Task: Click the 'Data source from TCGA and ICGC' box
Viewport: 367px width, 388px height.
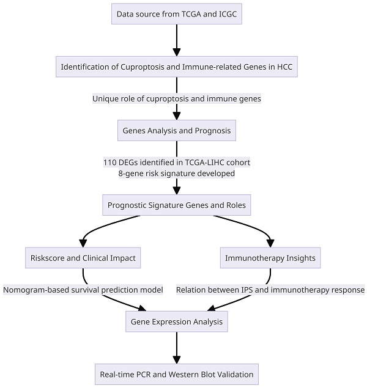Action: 177,13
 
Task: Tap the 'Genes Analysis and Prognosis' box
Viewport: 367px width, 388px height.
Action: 177,130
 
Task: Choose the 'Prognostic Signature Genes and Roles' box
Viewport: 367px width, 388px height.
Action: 177,205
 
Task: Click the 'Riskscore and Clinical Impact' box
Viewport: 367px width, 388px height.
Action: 83,258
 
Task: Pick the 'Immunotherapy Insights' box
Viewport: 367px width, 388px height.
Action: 270,258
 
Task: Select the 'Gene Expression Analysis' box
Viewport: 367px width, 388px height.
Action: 177,321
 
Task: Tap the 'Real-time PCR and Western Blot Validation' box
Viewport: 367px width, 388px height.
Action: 177,373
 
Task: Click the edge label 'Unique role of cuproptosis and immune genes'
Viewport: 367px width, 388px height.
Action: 177,98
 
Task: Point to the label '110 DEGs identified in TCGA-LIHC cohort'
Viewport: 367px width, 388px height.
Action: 177,163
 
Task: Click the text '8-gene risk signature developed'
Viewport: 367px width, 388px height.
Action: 177,173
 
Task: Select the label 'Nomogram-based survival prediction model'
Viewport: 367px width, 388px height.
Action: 83,290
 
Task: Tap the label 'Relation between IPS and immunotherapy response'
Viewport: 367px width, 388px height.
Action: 270,290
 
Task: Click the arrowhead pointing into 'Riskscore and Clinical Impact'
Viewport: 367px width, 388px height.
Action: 83,243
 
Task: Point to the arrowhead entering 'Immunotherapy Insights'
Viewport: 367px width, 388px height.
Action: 270,243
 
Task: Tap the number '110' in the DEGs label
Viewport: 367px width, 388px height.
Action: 111,163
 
